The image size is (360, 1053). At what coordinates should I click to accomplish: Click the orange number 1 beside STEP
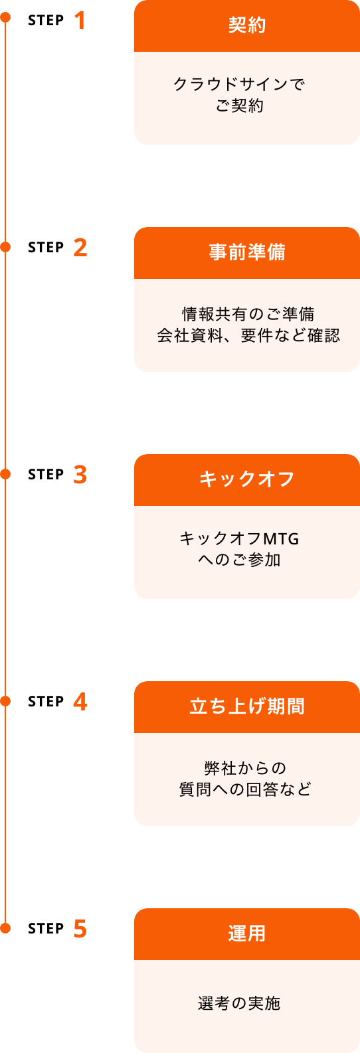[80, 20]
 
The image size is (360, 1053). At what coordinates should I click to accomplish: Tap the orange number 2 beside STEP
[80, 247]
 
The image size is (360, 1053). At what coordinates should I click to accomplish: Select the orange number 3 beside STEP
[80, 474]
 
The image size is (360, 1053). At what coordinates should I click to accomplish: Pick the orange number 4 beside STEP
[80, 701]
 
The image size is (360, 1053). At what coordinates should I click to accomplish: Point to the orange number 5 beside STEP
[80, 928]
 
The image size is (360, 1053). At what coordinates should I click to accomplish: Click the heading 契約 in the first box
[247, 25]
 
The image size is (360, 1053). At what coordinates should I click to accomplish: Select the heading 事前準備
[247, 252]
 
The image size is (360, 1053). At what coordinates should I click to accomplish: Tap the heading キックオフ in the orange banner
[247, 479]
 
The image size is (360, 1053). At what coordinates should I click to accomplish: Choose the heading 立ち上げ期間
[247, 706]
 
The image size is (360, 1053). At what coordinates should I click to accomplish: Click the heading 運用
[247, 933]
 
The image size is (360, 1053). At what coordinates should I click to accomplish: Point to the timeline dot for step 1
[6, 18]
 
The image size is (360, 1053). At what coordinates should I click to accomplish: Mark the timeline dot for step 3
[6, 474]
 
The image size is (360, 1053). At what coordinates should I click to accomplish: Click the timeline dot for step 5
[6, 928]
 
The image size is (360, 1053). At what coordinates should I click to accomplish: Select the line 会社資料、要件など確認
[248, 335]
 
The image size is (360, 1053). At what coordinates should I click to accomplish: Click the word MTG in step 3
[280, 538]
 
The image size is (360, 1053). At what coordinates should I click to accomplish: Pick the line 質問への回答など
[245, 789]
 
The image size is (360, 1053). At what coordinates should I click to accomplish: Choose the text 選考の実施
[239, 1004]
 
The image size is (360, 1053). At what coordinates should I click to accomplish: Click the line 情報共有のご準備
[248, 313]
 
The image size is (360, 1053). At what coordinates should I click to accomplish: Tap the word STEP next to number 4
[46, 701]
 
